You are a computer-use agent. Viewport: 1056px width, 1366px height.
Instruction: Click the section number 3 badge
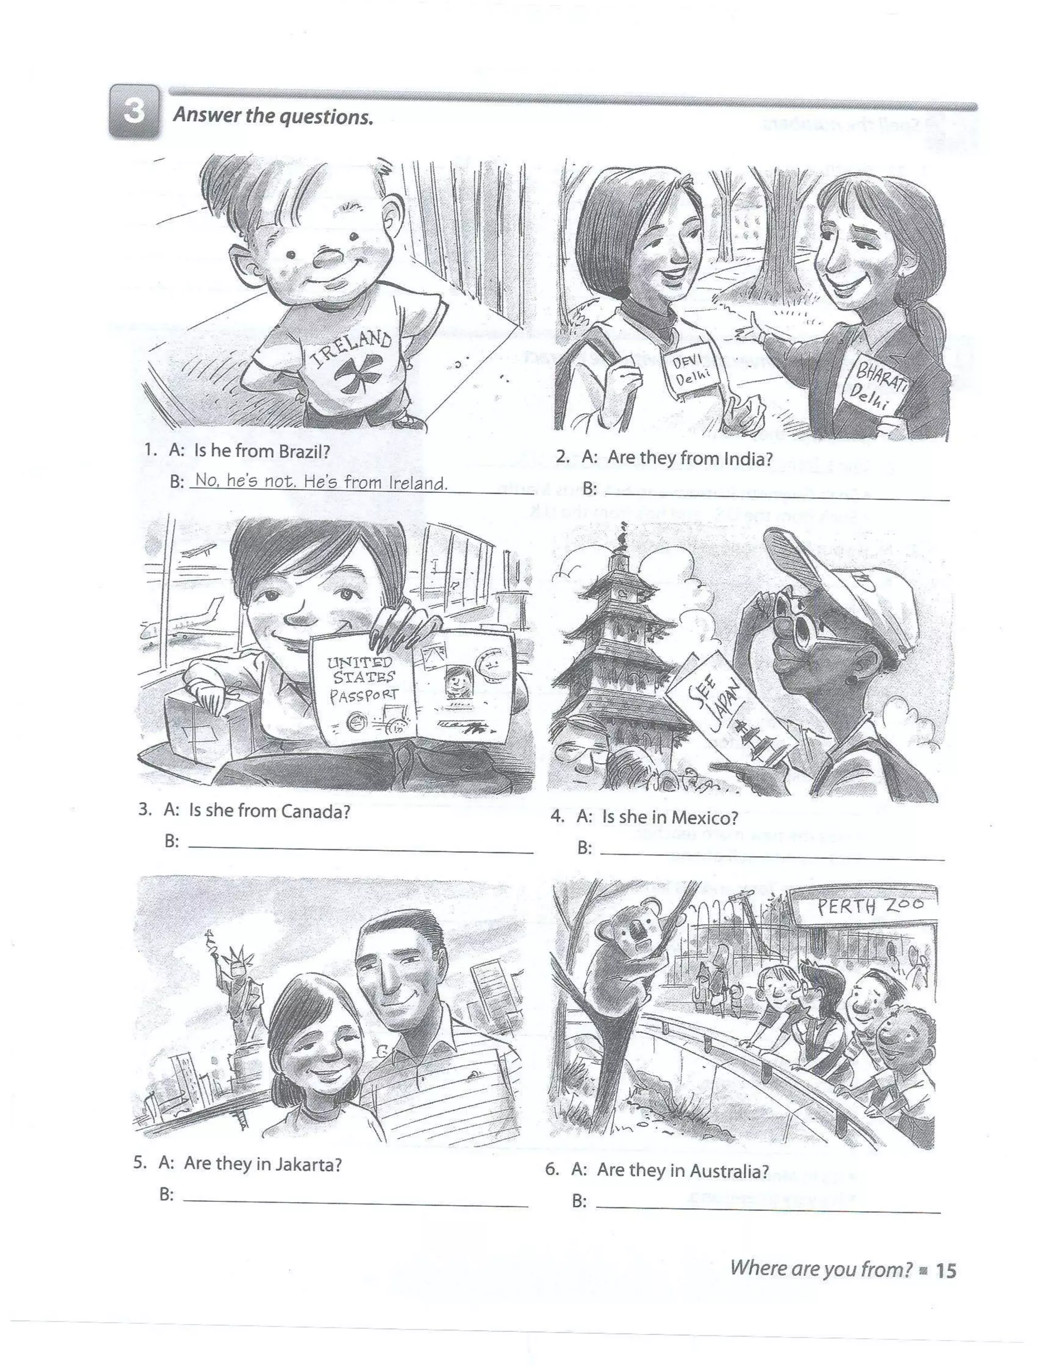pyautogui.click(x=135, y=111)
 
